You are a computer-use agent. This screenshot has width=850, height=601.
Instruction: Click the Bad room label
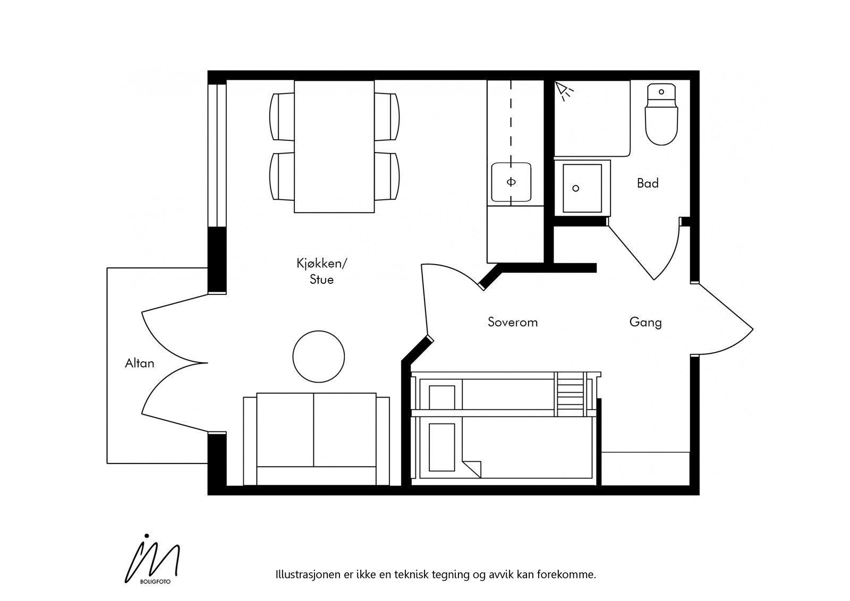pos(648,183)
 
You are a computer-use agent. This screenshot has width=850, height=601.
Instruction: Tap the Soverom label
pos(513,322)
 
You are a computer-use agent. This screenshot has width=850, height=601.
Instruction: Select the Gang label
pos(645,322)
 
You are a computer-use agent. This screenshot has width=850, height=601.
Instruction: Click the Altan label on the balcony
pos(140,363)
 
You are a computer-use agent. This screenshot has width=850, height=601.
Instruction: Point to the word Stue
pos(322,280)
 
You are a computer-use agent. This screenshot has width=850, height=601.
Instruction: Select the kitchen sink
pos(511,182)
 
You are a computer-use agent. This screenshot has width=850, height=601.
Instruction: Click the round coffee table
pos(319,357)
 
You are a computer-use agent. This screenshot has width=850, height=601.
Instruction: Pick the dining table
pos(334,146)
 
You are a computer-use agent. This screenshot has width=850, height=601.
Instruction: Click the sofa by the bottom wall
pos(317,438)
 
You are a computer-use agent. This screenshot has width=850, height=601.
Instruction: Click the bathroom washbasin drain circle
pos(575,188)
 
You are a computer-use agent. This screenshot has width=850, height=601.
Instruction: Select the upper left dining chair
pos(282,117)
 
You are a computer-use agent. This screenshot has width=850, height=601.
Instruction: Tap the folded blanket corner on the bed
pos(473,468)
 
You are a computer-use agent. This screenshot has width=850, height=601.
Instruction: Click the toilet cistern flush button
pos(661,92)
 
